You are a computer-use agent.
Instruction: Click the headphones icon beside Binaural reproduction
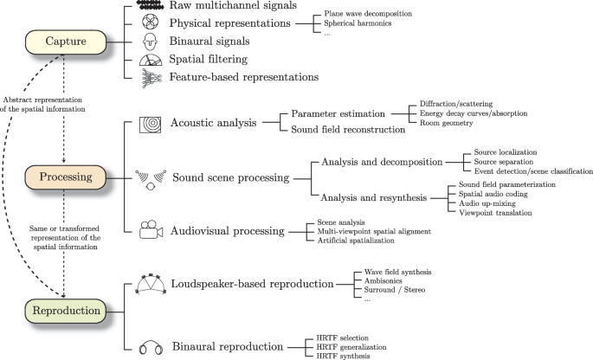pyautogui.click(x=148, y=347)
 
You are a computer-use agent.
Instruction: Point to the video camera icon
pyautogui.click(x=149, y=231)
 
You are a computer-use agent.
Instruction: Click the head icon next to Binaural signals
pyautogui.click(x=149, y=41)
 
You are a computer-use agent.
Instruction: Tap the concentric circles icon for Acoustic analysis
pyautogui.click(x=149, y=123)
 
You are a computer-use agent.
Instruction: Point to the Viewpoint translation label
pyautogui.click(x=496, y=212)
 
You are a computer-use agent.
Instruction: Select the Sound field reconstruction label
pyautogui.click(x=348, y=130)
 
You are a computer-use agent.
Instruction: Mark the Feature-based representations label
pyautogui.click(x=245, y=77)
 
